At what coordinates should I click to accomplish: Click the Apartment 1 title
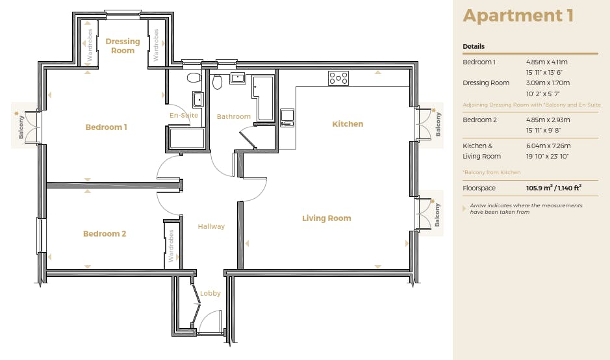pyautogui.click(x=518, y=16)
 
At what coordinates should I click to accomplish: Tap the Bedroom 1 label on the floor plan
pyautogui.click(x=106, y=127)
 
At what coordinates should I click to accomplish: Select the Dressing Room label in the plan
pyautogui.click(x=123, y=46)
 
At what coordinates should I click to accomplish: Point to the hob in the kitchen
pyautogui.click(x=338, y=78)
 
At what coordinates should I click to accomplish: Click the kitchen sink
pyautogui.click(x=287, y=118)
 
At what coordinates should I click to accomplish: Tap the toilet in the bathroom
pyautogui.click(x=217, y=81)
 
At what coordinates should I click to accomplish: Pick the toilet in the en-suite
pyautogui.click(x=194, y=77)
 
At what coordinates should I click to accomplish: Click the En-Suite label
pyautogui.click(x=184, y=115)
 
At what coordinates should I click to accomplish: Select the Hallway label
pyautogui.click(x=211, y=227)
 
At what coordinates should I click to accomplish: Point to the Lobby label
pyautogui.click(x=210, y=294)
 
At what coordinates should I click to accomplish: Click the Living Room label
pyautogui.click(x=326, y=218)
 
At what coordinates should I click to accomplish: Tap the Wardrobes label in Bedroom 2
pyautogui.click(x=171, y=246)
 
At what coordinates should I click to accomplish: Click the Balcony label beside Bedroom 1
pyautogui.click(x=21, y=127)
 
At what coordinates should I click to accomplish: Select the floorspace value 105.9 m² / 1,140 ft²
pyautogui.click(x=553, y=188)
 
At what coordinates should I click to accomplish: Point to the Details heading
pyautogui.click(x=474, y=46)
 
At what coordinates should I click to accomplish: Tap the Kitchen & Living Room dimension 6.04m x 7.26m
pyautogui.click(x=548, y=146)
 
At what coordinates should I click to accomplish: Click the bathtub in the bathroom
pyautogui.click(x=264, y=98)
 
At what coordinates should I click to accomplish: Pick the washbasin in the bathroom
pyautogui.click(x=237, y=78)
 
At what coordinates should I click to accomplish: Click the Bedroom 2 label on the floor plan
pyautogui.click(x=105, y=234)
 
